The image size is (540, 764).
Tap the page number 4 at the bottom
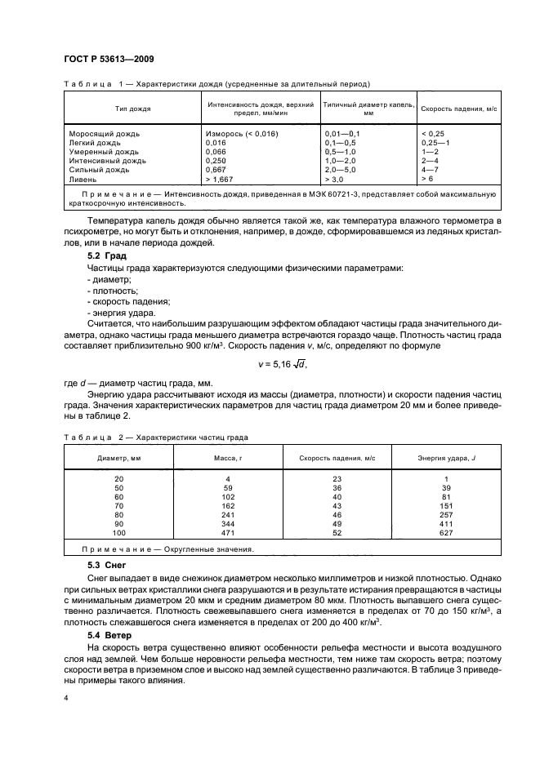click(65, 698)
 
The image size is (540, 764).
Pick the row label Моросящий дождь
click(105, 133)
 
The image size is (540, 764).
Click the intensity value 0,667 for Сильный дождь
click(216, 169)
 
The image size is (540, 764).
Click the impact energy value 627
click(445, 532)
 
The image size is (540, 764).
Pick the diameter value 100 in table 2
click(120, 532)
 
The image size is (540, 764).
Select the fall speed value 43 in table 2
click(337, 505)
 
